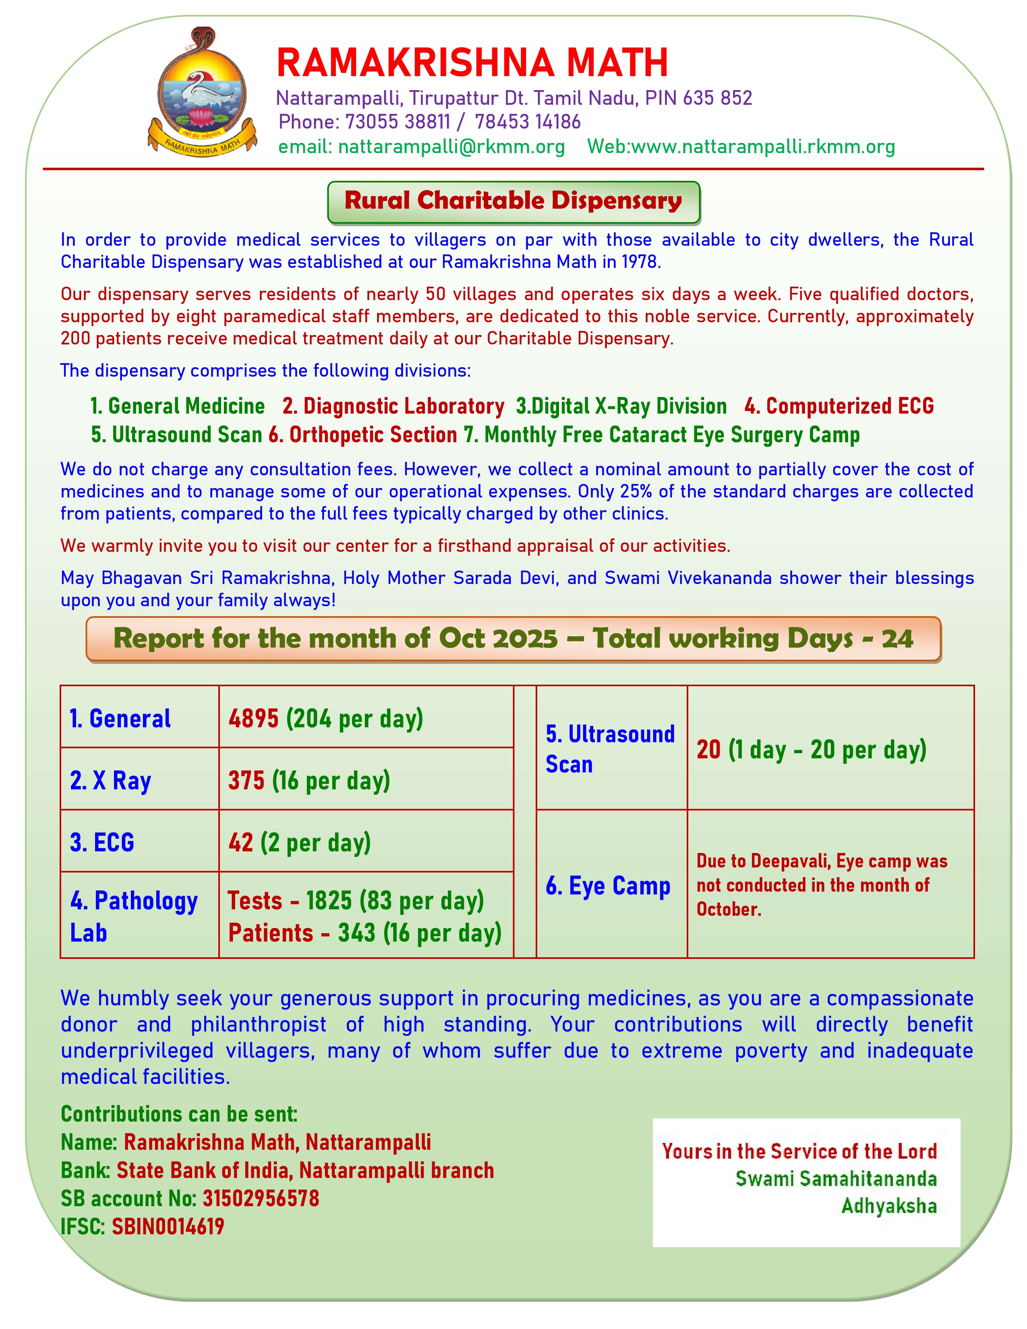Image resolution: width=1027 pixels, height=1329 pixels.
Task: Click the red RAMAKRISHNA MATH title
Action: [472, 63]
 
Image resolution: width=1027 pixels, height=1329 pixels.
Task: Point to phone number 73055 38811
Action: [397, 122]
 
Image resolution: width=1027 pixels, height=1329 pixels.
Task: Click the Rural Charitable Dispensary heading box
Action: [513, 201]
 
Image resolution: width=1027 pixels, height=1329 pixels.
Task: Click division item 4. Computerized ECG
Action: [839, 406]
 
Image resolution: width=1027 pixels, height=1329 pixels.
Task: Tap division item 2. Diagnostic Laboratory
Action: [393, 406]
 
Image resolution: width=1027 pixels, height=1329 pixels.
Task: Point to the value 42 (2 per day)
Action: [299, 843]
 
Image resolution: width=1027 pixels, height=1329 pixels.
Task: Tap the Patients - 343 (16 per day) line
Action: [364, 933]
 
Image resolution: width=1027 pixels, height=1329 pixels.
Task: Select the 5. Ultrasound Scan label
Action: [610, 749]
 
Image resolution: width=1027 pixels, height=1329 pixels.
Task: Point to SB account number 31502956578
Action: [261, 1198]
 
